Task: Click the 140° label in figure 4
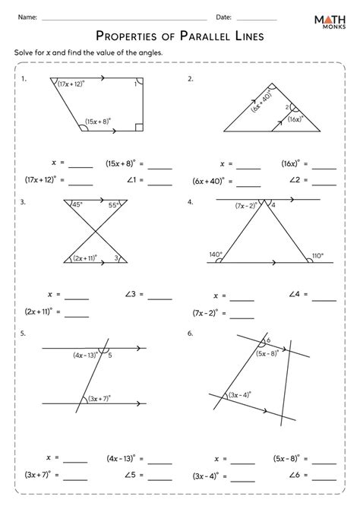pos(216,255)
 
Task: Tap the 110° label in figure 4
pos(317,255)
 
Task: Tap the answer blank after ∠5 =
pos(159,476)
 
